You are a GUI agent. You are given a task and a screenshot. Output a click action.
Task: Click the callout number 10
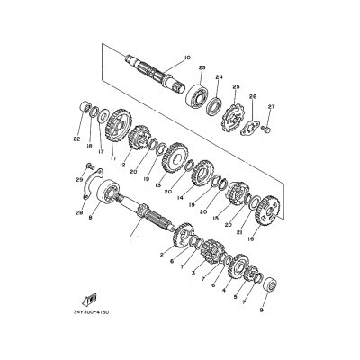(187, 59)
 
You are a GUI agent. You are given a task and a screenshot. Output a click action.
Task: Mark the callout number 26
(253, 96)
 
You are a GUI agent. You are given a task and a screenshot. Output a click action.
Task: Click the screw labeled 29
(87, 167)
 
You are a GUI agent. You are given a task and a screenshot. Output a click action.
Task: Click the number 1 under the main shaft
(130, 239)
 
